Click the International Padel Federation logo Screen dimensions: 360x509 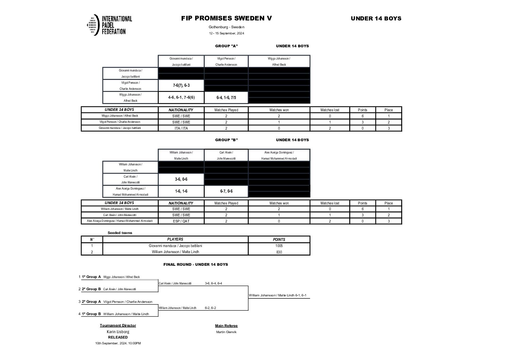(109, 25)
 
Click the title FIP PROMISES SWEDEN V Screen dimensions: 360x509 (226, 18)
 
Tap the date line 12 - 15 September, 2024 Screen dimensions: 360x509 (226, 33)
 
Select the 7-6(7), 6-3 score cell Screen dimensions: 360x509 (181, 86)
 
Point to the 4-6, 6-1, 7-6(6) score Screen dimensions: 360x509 (181, 98)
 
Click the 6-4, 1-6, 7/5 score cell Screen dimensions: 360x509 (226, 98)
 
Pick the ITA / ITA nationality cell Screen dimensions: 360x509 (181, 128)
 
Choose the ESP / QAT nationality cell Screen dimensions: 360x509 (181, 221)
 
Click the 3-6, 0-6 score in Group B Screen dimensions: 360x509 (181, 179)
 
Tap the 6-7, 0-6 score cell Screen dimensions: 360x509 (226, 191)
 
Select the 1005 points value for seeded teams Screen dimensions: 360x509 (279, 246)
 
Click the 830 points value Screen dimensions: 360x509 (279, 252)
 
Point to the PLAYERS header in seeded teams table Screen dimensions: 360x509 (175, 240)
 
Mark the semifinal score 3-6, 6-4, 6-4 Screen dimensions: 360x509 (213, 283)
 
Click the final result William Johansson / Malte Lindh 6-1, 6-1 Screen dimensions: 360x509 (277, 295)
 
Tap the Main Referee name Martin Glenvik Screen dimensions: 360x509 (226, 332)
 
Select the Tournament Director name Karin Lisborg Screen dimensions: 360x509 (118, 332)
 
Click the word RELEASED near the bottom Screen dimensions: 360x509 (118, 338)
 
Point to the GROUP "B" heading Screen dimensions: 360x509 (226, 140)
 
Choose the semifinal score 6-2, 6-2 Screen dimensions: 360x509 (210, 308)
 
